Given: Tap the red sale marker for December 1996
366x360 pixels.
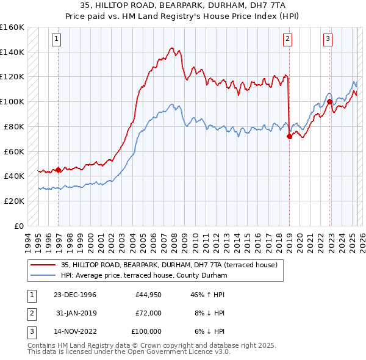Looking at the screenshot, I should pyautogui.click(x=59, y=170).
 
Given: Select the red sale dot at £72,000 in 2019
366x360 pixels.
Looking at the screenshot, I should pyautogui.click(x=289, y=137).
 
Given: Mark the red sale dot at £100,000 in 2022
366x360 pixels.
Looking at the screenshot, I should pyautogui.click(x=329, y=102).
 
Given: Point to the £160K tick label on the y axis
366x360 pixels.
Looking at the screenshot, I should pyautogui.click(x=12, y=27).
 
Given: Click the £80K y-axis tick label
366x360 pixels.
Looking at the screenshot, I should pyautogui.click(x=14, y=126).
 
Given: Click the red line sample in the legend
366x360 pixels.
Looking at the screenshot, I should pyautogui.click(x=43, y=265).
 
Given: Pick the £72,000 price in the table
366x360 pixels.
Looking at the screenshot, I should pyautogui.click(x=149, y=313).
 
